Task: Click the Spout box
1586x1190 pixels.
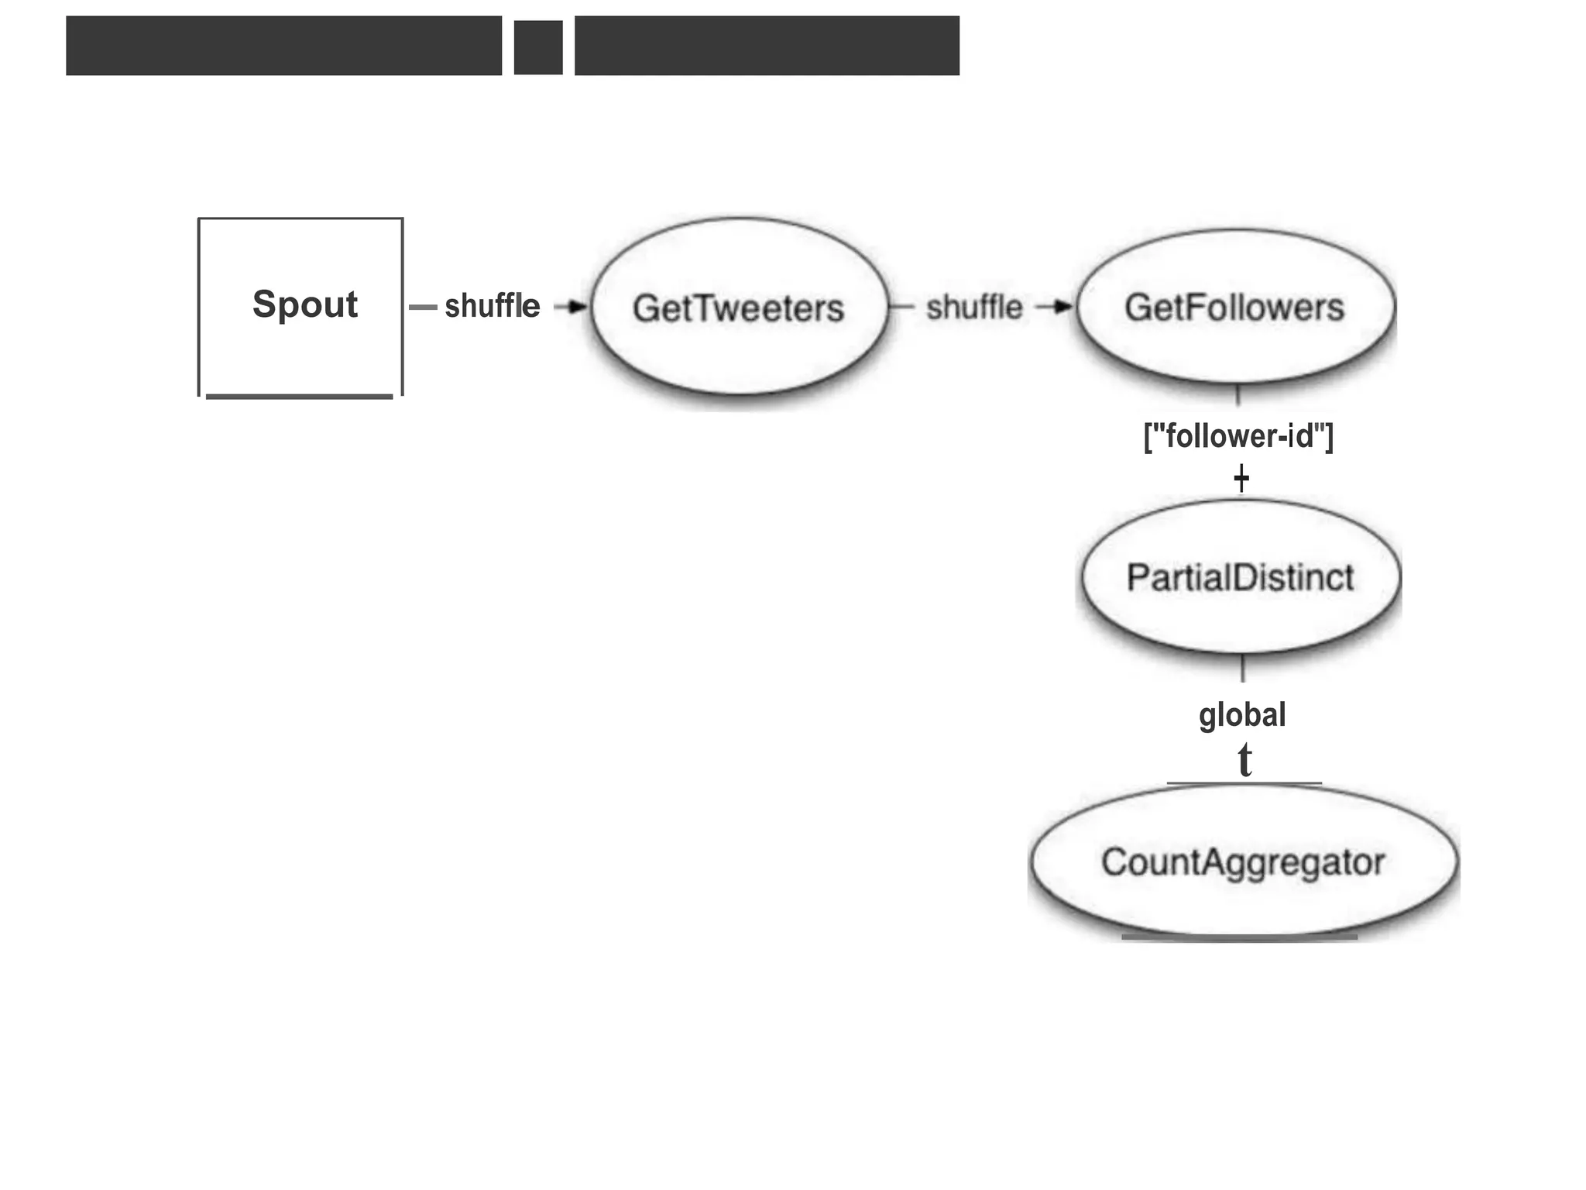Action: (x=300, y=306)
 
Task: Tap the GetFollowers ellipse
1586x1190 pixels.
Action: (x=1234, y=307)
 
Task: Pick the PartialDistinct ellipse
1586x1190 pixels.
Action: (x=1240, y=577)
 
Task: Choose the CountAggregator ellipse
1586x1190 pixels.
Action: (x=1242, y=862)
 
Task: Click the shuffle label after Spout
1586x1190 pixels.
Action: (x=492, y=306)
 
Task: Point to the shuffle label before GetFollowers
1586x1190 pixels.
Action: (x=974, y=308)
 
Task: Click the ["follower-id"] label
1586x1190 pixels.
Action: (x=1238, y=436)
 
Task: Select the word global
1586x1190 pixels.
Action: (x=1241, y=714)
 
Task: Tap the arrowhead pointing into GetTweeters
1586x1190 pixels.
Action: (x=577, y=307)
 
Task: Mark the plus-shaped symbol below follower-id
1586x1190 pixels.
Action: (x=1241, y=477)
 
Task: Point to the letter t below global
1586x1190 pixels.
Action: (x=1244, y=760)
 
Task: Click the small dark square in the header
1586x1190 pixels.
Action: (x=538, y=47)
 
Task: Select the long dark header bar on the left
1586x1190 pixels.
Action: (x=283, y=46)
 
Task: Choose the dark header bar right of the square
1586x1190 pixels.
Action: (x=767, y=46)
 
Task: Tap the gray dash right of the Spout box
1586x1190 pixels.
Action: (x=423, y=308)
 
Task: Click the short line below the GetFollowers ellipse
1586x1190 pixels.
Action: (x=1238, y=395)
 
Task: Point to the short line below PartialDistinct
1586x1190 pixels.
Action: (x=1242, y=668)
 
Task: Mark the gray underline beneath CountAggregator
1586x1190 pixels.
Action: (x=1239, y=937)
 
